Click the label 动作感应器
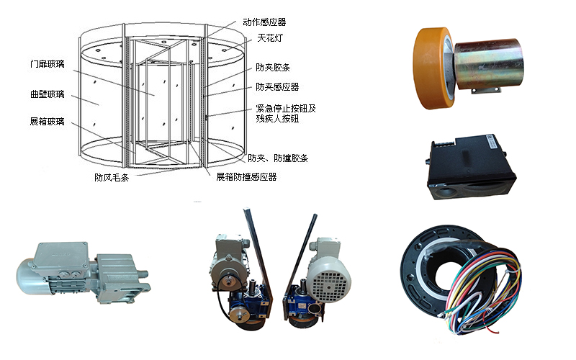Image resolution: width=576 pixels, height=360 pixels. (x=264, y=22)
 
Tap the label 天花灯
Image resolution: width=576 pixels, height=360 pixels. (x=270, y=38)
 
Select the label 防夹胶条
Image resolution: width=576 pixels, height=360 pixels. (x=273, y=67)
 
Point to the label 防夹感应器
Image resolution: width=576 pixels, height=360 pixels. (x=277, y=87)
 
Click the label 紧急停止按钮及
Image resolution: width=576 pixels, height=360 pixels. (x=286, y=109)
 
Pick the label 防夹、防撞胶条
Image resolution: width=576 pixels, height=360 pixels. (x=278, y=158)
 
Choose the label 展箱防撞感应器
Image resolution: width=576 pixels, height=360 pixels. (x=246, y=177)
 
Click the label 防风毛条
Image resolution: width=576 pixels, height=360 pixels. (x=112, y=178)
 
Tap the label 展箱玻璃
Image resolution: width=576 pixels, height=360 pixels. (x=48, y=122)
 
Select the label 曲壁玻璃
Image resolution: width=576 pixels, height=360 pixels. (x=48, y=94)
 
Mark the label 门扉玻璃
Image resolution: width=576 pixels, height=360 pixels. (x=48, y=64)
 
